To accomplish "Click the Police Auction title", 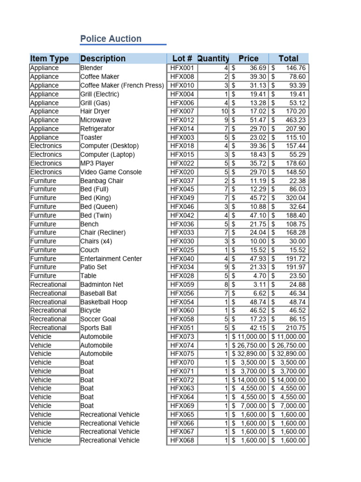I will tap(111, 39).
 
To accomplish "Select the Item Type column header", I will tap(49, 58).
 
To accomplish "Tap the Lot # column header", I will tap(182, 58).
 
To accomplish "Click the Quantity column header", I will tap(213, 58).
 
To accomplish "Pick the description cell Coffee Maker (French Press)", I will tap(122, 85).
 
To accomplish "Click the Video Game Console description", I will tap(111, 172).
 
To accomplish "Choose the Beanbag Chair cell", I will tap(102, 181).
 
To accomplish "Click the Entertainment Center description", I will tap(111, 258).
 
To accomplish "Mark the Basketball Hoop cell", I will tap(103, 302).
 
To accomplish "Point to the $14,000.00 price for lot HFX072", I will tap(250, 379).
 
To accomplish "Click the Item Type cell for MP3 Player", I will tap(46, 163).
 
